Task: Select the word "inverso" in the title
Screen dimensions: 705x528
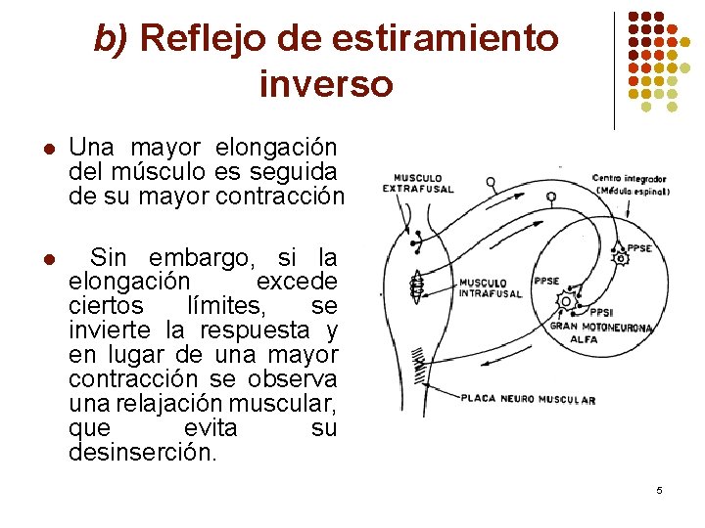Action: (326, 83)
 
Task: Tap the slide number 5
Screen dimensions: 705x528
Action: (659, 489)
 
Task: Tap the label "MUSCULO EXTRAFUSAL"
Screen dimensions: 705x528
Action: (418, 183)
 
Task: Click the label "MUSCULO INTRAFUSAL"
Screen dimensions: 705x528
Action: (484, 287)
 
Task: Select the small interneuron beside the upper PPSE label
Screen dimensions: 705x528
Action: (618, 259)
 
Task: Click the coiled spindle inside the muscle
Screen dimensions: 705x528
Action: (416, 285)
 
